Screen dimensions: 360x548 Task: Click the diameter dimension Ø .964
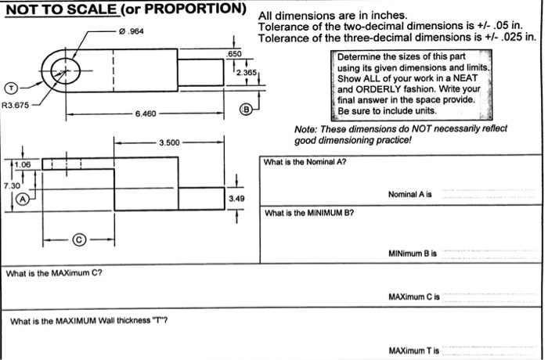click(x=132, y=31)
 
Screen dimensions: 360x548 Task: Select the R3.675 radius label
click(x=18, y=105)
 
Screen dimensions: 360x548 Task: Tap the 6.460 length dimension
click(x=146, y=113)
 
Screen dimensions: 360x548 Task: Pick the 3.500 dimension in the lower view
click(x=169, y=142)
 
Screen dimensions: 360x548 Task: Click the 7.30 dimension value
click(x=12, y=185)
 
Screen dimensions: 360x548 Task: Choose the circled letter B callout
click(x=246, y=110)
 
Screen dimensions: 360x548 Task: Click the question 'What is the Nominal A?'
click(x=305, y=163)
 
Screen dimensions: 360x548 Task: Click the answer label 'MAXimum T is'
click(x=414, y=349)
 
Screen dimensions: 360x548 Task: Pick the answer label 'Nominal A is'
click(x=410, y=194)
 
